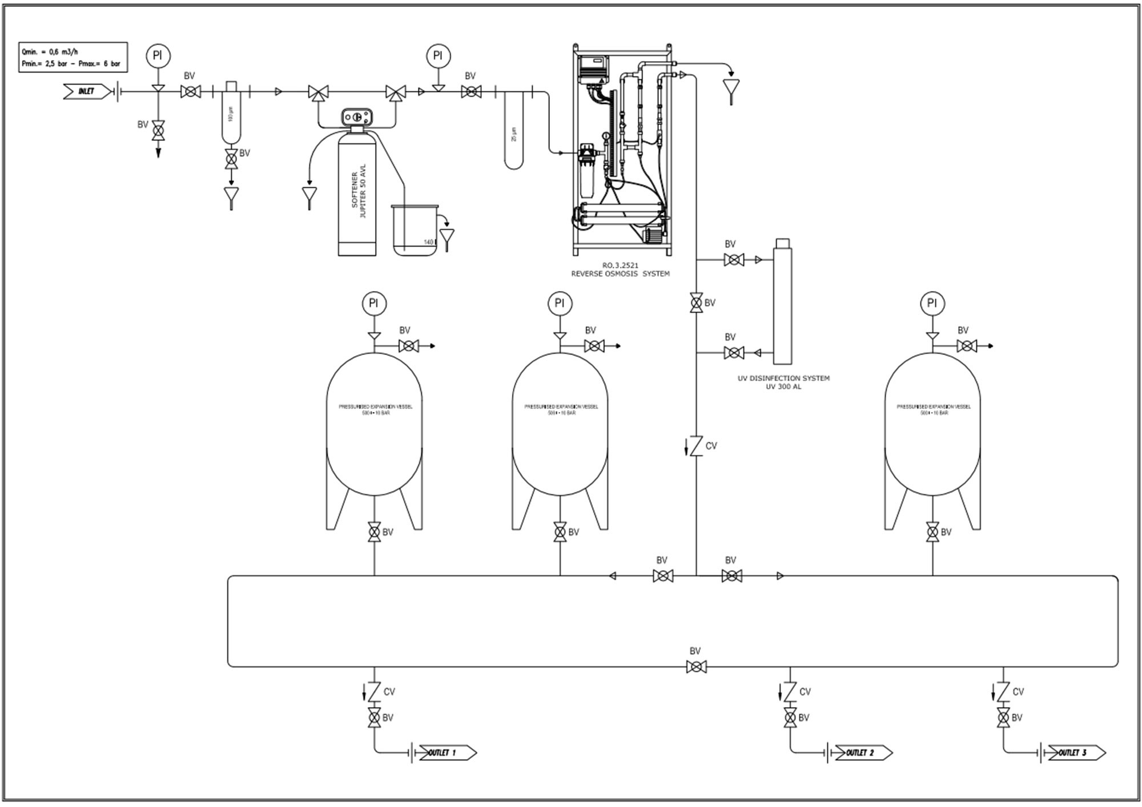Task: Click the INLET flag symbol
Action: pyautogui.click(x=87, y=91)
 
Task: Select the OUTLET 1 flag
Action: pyautogui.click(x=447, y=753)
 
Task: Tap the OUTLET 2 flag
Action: pyautogui.click(x=863, y=753)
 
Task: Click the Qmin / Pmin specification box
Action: pyautogui.click(x=73, y=57)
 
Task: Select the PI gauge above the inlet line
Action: pyautogui.click(x=158, y=55)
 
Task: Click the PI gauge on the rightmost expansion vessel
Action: pyautogui.click(x=932, y=303)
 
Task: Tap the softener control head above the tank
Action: pyautogui.click(x=357, y=117)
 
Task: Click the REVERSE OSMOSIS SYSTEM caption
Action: pyautogui.click(x=620, y=270)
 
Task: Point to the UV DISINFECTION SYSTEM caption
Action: pyautogui.click(x=783, y=382)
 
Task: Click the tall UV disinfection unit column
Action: pyautogui.click(x=782, y=302)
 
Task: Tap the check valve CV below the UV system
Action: pyautogui.click(x=696, y=446)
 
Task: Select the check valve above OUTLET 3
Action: pyautogui.click(x=1003, y=692)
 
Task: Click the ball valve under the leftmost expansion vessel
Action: pyautogui.click(x=374, y=532)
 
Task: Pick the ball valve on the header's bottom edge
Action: pyautogui.click(x=696, y=666)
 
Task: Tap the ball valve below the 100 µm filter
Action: pyautogui.click(x=231, y=158)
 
